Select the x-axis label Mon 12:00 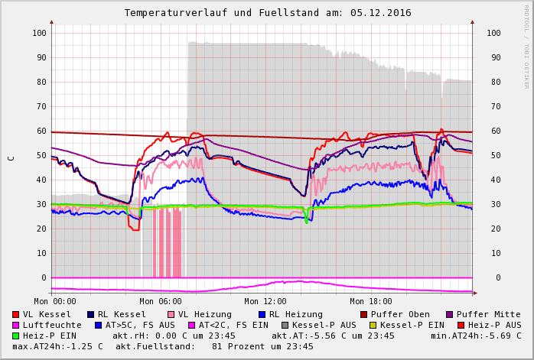265,301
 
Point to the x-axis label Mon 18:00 370,301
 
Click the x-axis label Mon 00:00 55,301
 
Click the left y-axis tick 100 39,33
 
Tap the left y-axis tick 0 44,277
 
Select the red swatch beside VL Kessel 15,314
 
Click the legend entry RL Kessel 122,314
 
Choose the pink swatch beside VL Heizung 171,314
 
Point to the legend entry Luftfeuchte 52,325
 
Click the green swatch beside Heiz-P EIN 15,336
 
